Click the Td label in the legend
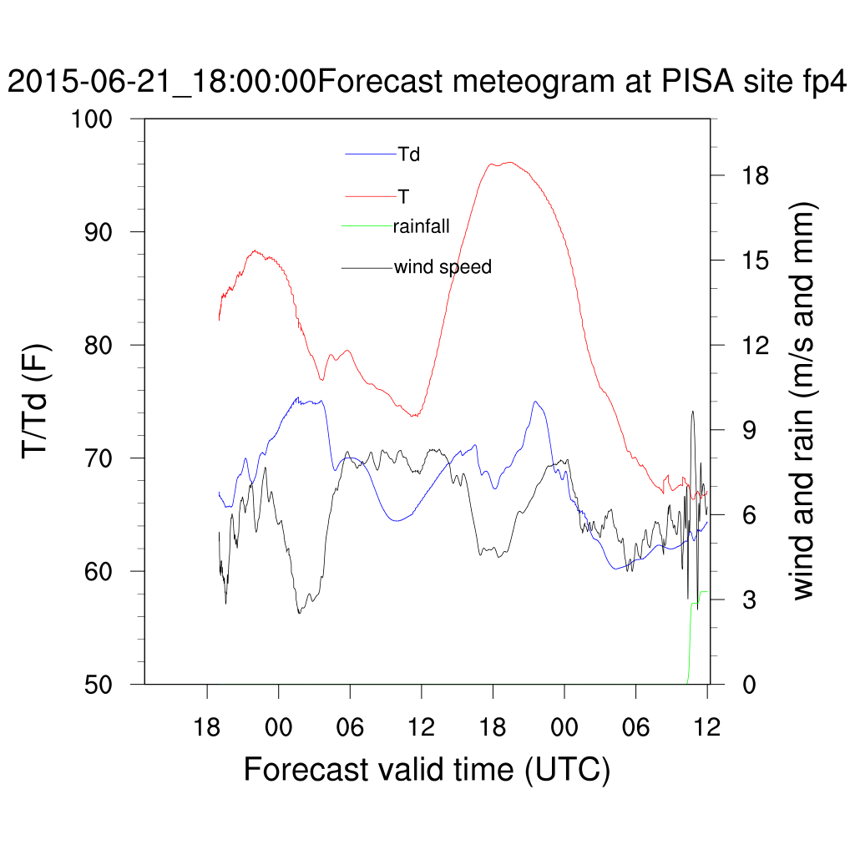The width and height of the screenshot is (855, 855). (x=409, y=154)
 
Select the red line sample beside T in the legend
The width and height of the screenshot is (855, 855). (x=371, y=196)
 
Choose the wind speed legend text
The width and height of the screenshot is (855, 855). (x=443, y=267)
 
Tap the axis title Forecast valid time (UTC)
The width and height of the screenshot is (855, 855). (x=427, y=769)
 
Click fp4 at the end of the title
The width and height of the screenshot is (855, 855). (x=823, y=83)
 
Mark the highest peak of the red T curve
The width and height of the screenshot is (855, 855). (x=509, y=163)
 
